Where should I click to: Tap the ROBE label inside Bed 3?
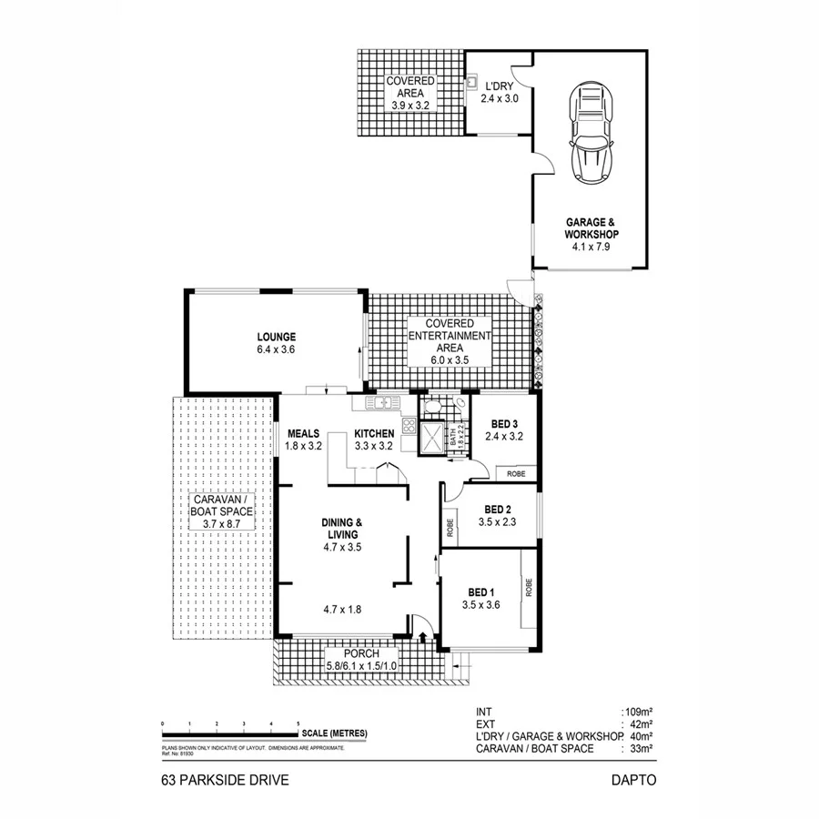coord(515,473)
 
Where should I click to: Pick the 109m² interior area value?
coord(639,711)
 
